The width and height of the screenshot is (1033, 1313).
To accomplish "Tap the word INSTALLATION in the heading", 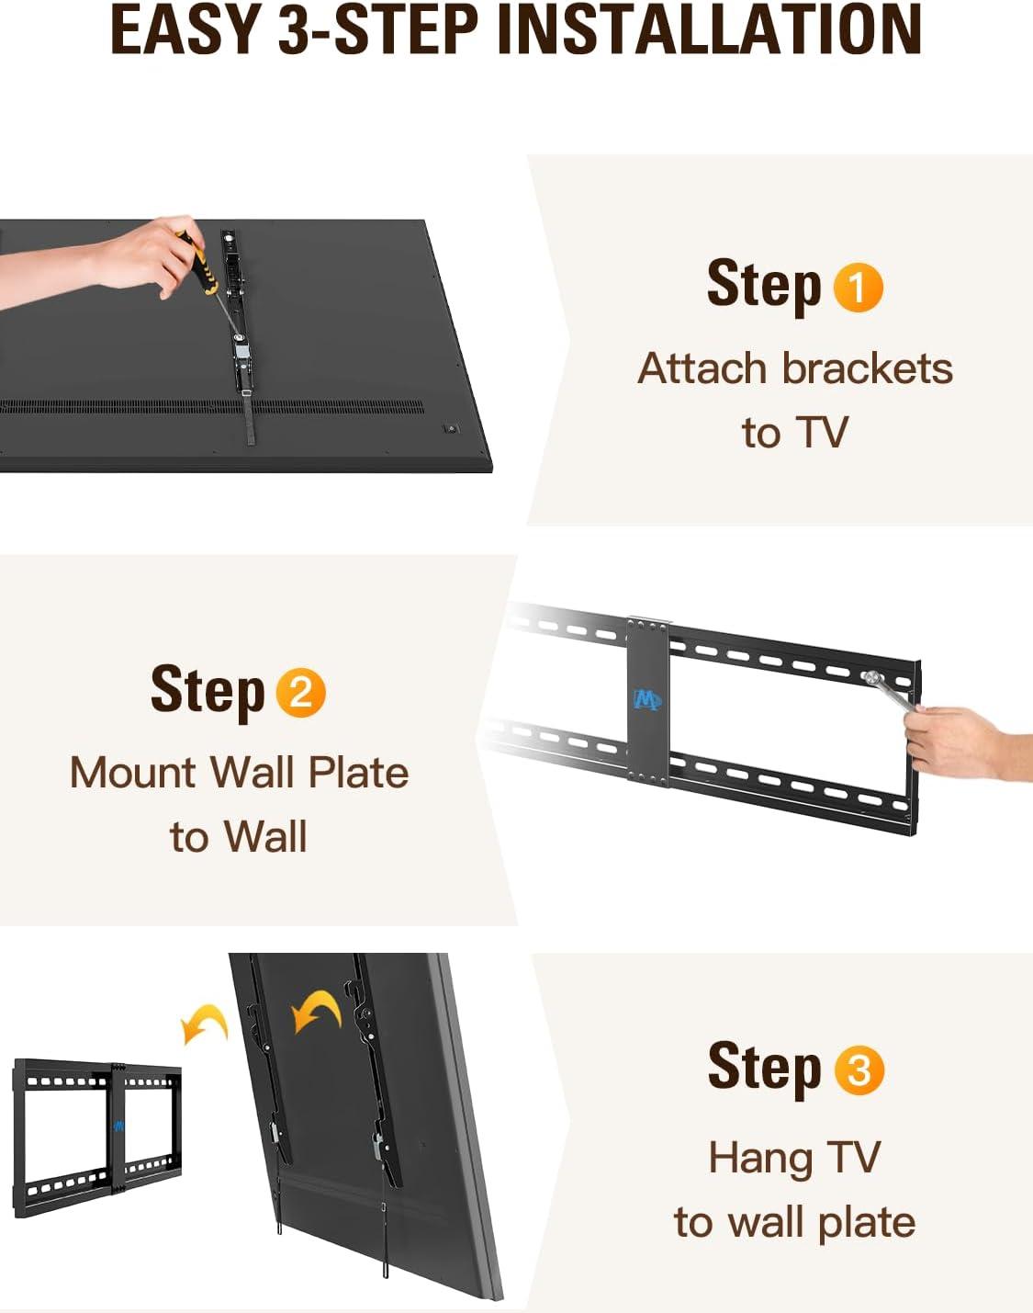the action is [709, 30].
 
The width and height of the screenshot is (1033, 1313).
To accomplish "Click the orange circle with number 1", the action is [858, 288].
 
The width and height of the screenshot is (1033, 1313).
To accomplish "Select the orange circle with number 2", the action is [300, 693].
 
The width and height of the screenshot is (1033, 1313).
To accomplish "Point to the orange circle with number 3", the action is [859, 1070].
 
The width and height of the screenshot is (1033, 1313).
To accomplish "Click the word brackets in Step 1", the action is [867, 369].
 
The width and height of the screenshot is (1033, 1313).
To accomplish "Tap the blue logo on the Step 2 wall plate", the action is [647, 700].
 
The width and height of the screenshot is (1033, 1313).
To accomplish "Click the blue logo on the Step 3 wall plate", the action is [118, 1126].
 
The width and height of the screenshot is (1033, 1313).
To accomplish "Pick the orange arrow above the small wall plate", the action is [205, 1024].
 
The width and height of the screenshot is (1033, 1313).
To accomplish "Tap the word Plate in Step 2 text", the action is [358, 773].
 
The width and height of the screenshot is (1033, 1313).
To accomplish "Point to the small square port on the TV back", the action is [451, 428].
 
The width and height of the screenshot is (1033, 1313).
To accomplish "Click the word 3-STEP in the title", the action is [378, 30].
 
